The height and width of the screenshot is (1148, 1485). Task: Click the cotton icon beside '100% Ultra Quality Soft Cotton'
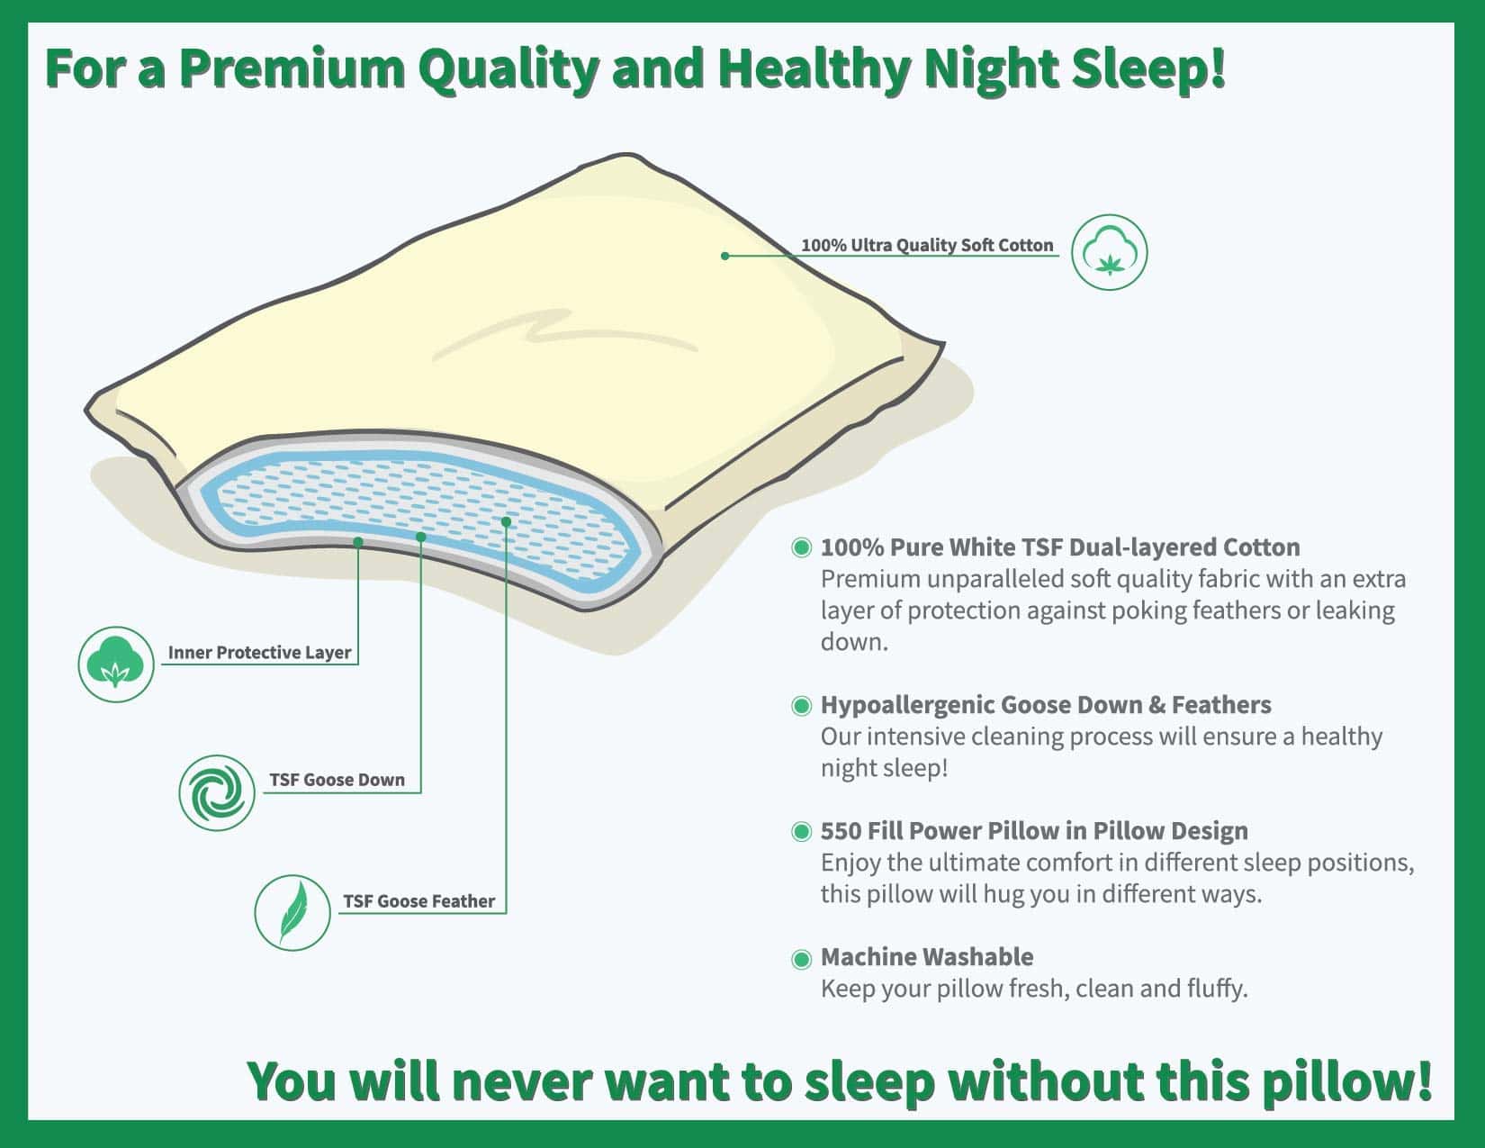(1109, 252)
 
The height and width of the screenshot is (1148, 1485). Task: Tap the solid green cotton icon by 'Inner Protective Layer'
(116, 664)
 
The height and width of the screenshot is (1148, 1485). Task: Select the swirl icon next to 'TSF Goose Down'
(217, 792)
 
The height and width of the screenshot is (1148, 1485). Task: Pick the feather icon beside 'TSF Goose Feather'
(292, 913)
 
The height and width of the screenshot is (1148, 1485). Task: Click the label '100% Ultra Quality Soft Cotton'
(927, 245)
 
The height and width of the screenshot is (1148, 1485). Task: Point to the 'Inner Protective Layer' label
(260, 652)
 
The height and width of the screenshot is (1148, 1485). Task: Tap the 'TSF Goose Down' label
(337, 780)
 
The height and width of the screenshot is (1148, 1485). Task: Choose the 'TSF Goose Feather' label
(418, 901)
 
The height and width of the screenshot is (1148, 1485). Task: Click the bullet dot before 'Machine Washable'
(801, 959)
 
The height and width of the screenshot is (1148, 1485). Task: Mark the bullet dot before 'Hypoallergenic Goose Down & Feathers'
(801, 706)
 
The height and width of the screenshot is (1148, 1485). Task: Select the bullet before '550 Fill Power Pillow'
(801, 832)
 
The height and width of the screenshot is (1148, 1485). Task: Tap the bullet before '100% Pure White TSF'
(801, 547)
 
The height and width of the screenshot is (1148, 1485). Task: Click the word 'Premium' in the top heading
(292, 69)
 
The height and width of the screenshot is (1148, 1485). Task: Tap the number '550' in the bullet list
(841, 831)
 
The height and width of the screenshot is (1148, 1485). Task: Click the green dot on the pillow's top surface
(725, 256)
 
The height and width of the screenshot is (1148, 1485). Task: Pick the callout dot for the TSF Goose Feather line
(507, 521)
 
